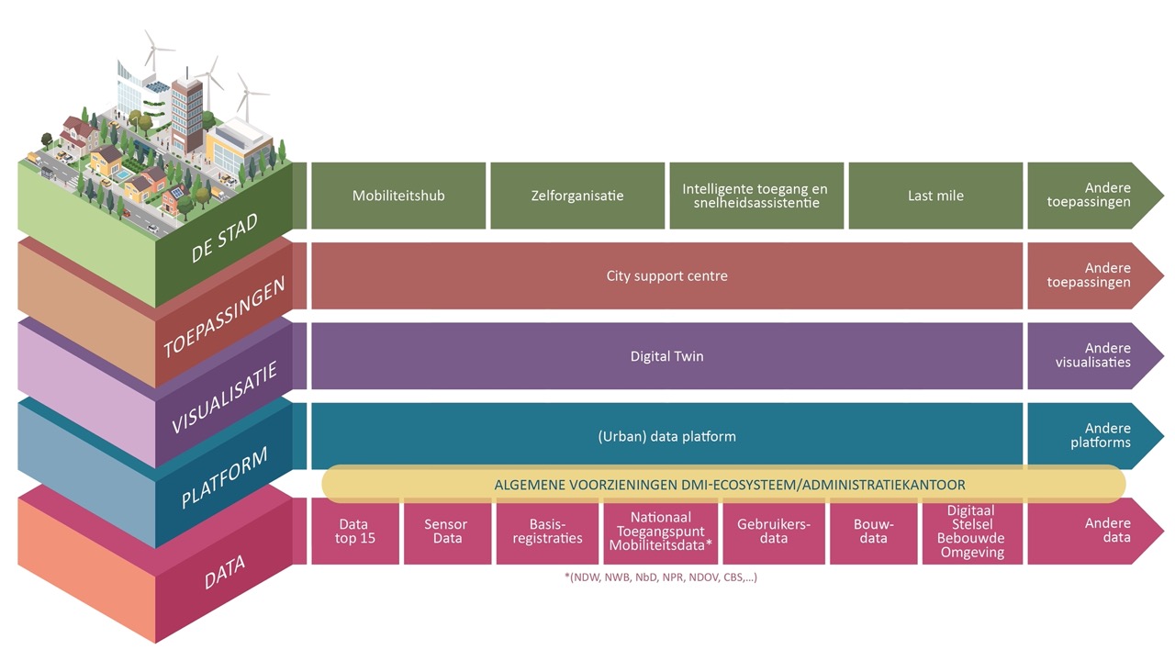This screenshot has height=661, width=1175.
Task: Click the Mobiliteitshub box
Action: (398, 196)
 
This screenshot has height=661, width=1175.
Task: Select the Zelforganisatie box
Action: (577, 196)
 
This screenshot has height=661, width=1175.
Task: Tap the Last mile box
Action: (935, 196)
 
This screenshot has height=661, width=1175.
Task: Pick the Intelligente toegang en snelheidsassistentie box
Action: (755, 196)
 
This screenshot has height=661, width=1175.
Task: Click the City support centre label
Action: (666, 275)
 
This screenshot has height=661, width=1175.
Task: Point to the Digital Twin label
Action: (666, 356)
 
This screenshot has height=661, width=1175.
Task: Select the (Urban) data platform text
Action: (666, 436)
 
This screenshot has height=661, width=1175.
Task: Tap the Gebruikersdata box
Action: (774, 532)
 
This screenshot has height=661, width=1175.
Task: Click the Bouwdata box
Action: (872, 532)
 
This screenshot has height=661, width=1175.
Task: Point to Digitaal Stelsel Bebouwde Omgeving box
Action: (972, 532)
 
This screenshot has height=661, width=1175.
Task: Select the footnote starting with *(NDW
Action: (660, 577)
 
